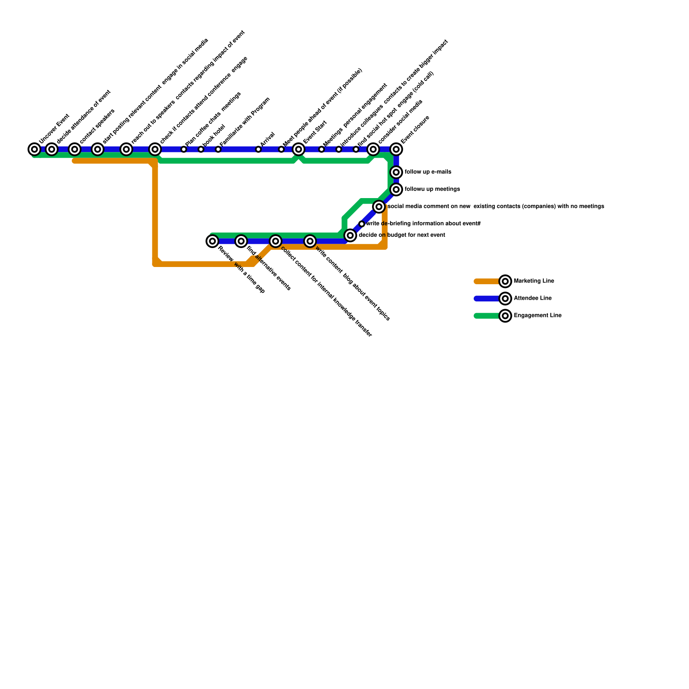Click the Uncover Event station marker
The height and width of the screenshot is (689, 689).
[x=34, y=149]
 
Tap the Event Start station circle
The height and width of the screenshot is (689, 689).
[x=298, y=149]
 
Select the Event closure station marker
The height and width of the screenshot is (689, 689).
[x=396, y=149]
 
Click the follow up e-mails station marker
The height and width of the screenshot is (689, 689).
[x=396, y=172]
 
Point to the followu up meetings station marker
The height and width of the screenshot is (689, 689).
[x=396, y=189]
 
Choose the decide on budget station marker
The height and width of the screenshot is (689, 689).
[x=350, y=235]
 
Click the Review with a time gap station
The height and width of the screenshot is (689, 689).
[x=212, y=241]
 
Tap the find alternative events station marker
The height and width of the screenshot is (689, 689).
[x=241, y=241]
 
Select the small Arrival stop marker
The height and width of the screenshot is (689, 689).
[x=258, y=149]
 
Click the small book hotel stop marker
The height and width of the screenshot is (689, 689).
[x=201, y=149]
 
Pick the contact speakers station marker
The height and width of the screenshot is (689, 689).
[x=74, y=149]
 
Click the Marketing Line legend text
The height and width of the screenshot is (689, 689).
[x=534, y=281]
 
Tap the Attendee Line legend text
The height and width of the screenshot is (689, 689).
[x=533, y=298]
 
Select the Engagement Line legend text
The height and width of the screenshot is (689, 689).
[x=537, y=316]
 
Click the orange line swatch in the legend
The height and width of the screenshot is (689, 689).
[x=487, y=281]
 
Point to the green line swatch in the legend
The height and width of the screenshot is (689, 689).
[x=487, y=316]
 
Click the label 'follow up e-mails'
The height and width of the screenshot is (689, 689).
[x=428, y=172]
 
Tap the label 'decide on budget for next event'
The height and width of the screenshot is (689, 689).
[x=402, y=235]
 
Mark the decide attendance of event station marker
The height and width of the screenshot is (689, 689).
[x=52, y=149]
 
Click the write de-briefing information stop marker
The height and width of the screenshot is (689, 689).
[x=362, y=224]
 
